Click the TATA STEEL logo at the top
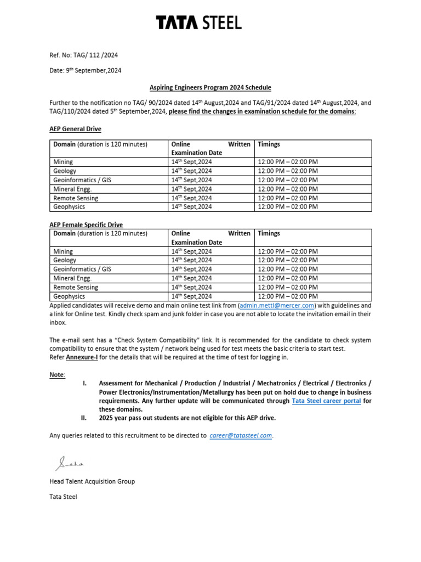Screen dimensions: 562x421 198,23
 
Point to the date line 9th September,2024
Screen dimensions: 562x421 86,70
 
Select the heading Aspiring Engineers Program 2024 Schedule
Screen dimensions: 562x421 210,87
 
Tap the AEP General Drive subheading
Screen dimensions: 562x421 75,129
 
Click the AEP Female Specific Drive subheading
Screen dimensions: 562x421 86,224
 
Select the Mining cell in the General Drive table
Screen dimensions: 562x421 63,162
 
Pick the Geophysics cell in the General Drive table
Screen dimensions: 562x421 69,207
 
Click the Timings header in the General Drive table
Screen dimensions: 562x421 269,144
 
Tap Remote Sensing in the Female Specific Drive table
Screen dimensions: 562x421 76,287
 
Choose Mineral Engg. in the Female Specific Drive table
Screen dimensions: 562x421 72,278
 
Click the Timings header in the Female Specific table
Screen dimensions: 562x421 269,233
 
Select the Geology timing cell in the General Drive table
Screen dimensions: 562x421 287,171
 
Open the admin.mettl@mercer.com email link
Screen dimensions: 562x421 277,305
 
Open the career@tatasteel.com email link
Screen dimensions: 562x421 241,435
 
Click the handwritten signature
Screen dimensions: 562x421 69,464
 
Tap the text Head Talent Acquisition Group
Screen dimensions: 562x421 92,481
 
